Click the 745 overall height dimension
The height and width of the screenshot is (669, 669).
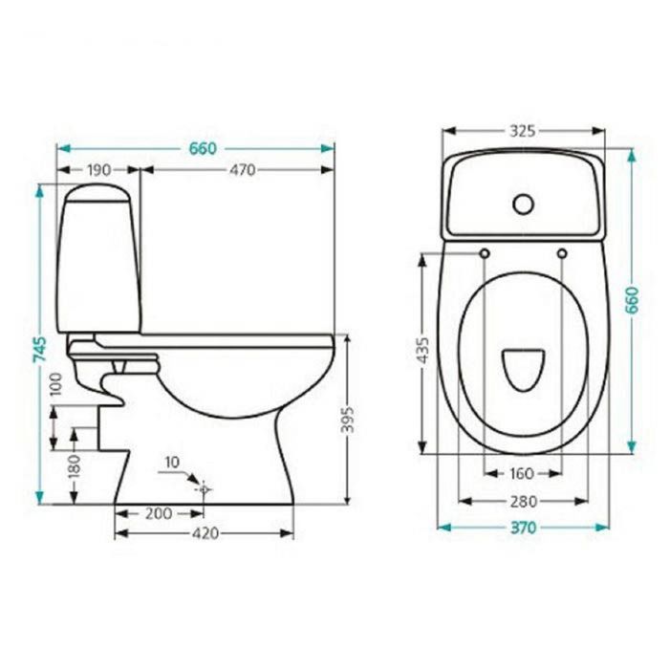(40, 349)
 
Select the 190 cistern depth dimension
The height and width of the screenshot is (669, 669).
(99, 170)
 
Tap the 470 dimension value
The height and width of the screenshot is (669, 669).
(243, 170)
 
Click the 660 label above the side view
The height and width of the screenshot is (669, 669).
(203, 148)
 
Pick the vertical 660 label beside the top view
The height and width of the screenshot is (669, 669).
(632, 300)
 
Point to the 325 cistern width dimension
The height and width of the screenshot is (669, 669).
(523, 131)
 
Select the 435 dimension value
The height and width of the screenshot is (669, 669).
(422, 350)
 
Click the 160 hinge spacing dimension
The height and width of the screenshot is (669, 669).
(522, 473)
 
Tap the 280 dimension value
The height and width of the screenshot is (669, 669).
(524, 502)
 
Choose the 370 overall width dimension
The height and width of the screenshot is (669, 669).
(523, 528)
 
